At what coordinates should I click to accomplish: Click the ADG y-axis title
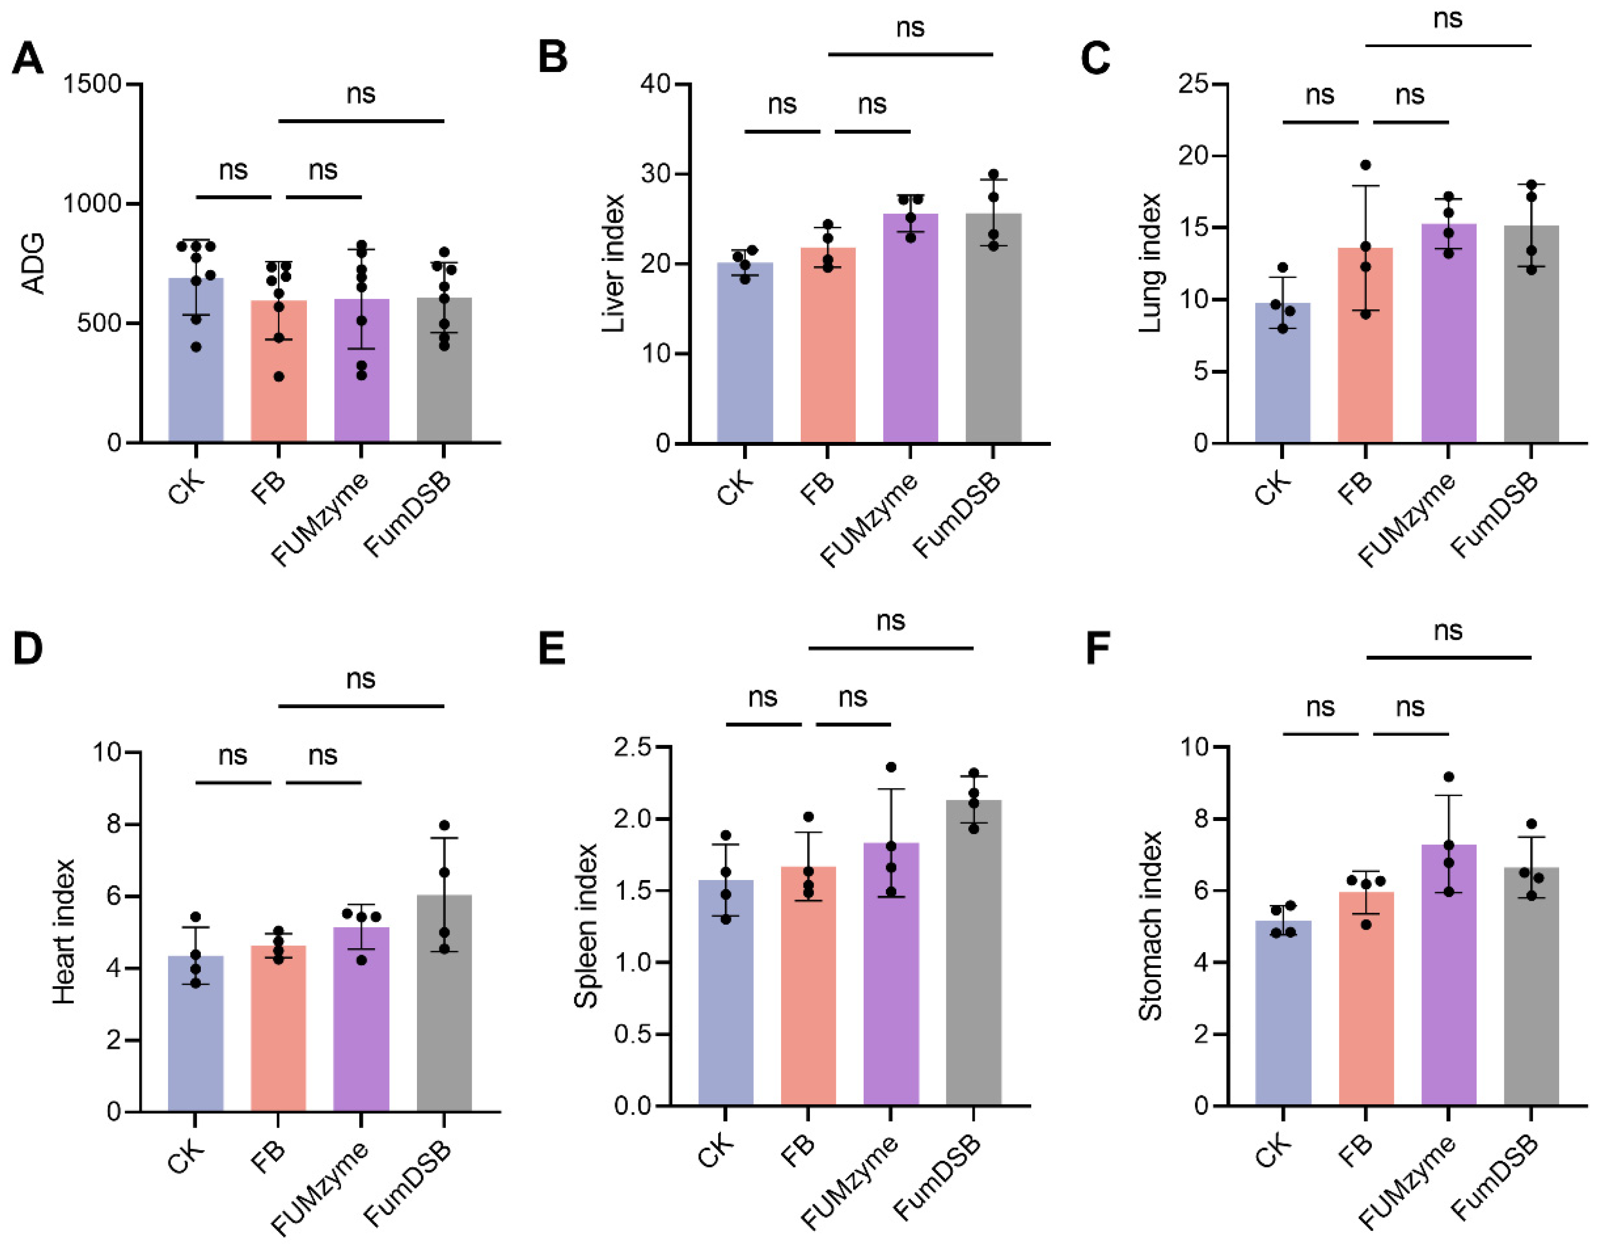pyautogui.click(x=33, y=264)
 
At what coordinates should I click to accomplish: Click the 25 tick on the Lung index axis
pyautogui.click(x=1194, y=84)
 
